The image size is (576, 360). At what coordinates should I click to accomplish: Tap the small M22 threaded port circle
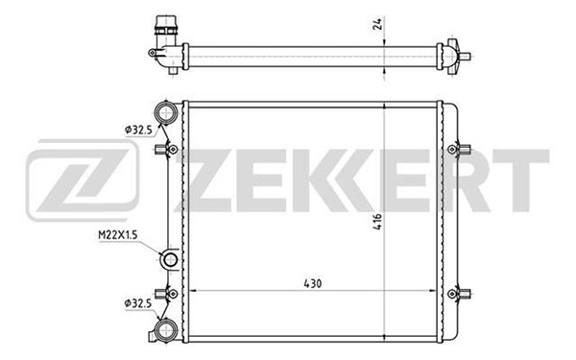169,259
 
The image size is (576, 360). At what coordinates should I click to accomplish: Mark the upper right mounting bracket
462,149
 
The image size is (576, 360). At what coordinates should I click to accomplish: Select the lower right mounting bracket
462,291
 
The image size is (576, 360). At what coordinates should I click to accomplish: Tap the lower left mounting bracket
171,291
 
